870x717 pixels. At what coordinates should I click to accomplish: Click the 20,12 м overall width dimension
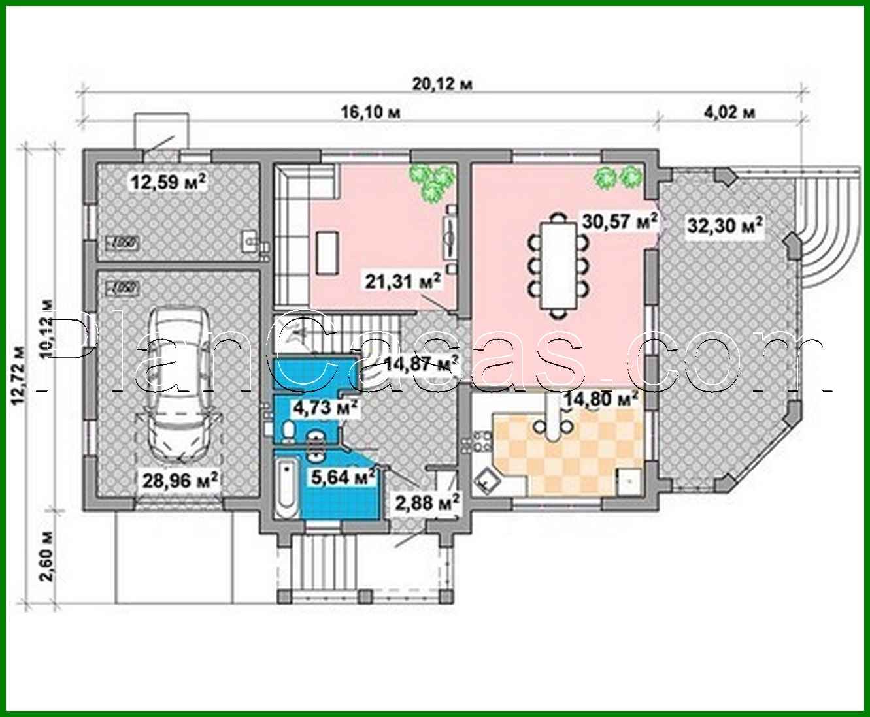click(x=443, y=84)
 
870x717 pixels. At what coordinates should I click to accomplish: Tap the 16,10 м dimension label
click(x=371, y=112)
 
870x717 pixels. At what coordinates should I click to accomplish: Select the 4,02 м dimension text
click(x=730, y=112)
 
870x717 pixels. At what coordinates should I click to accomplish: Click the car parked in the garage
click(x=178, y=382)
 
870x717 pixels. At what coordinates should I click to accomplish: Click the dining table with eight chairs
click(x=558, y=264)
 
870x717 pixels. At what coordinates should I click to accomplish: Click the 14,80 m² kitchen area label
click(x=601, y=398)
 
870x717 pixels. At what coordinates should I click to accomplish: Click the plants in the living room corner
click(x=430, y=180)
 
